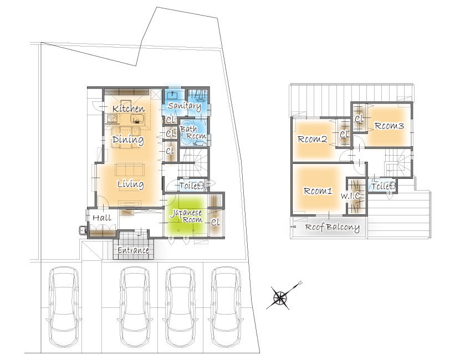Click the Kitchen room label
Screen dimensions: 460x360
(x=129, y=109)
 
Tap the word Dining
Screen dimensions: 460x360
(x=128, y=140)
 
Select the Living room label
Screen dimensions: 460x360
(x=131, y=184)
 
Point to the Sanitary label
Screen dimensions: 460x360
(x=184, y=106)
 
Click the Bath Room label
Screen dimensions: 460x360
(x=193, y=132)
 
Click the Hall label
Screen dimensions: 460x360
(x=102, y=218)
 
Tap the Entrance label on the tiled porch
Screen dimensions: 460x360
(x=133, y=250)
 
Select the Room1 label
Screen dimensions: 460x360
(x=318, y=191)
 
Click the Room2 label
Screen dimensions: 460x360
(x=312, y=138)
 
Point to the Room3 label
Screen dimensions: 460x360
(x=389, y=126)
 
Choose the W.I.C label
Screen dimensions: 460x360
(x=351, y=196)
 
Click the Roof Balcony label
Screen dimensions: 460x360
(x=333, y=227)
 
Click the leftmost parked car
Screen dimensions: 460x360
(x=64, y=306)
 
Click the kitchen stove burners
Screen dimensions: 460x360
(x=113, y=119)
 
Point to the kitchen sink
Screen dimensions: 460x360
(x=137, y=119)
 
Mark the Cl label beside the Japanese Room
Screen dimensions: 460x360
(x=215, y=223)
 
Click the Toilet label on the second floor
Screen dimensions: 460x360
(x=383, y=186)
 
